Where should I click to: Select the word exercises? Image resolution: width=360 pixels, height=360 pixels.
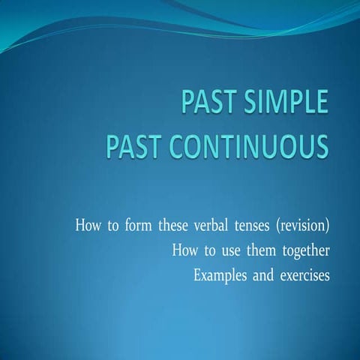click(304, 275)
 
